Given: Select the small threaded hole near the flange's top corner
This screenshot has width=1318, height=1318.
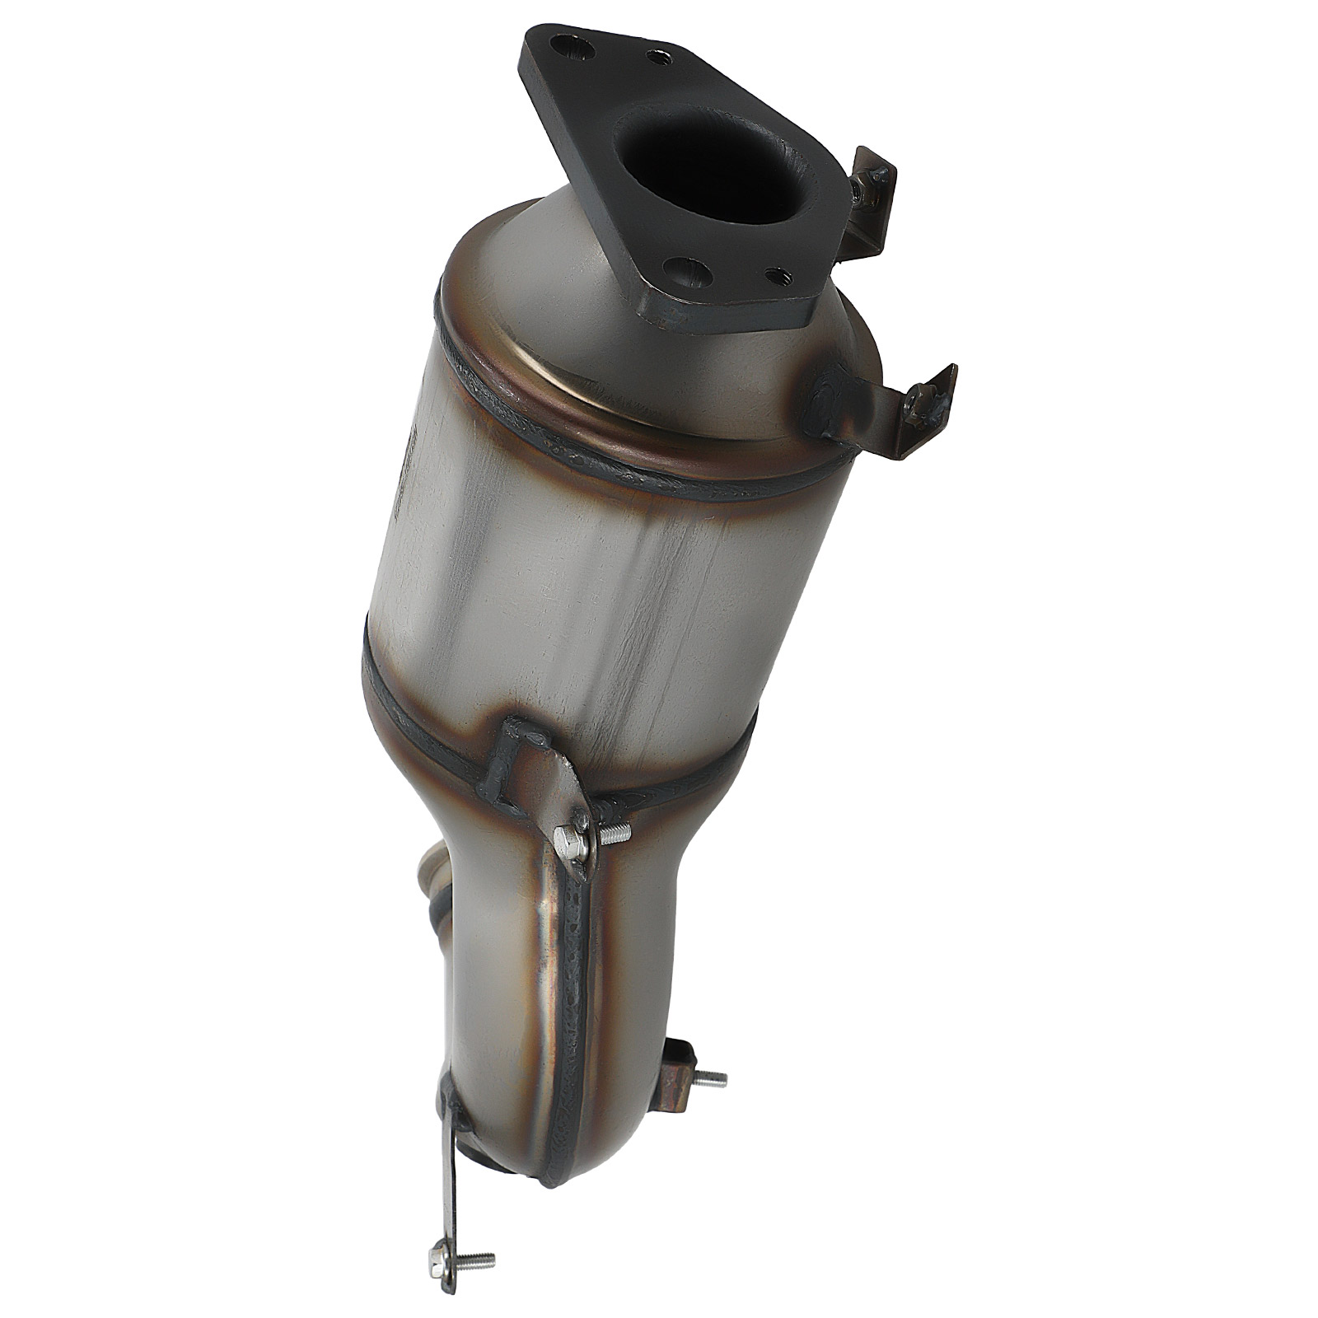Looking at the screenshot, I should click(x=657, y=57).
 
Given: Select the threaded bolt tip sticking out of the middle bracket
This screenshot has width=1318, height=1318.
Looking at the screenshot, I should click(x=616, y=837).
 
